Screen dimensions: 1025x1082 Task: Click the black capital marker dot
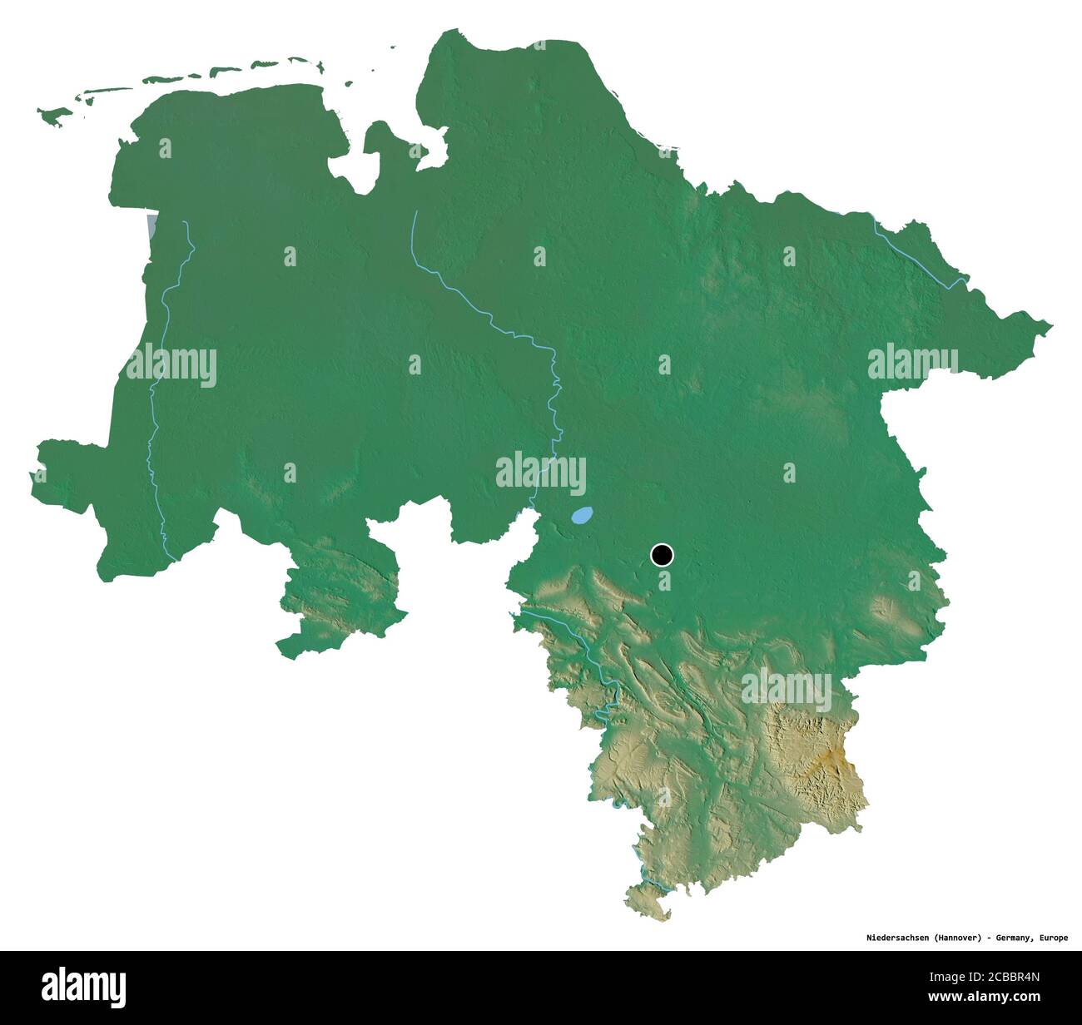pyautogui.click(x=662, y=554)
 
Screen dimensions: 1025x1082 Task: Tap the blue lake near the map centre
pyautogui.click(x=582, y=516)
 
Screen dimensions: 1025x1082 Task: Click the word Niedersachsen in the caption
pyautogui.click(x=885, y=938)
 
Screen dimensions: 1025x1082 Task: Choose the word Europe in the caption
pyautogui.click(x=1053, y=938)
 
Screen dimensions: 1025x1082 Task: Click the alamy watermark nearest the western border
pyautogui.click(x=171, y=365)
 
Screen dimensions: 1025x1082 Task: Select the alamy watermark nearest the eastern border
pyautogui.click(x=912, y=364)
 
